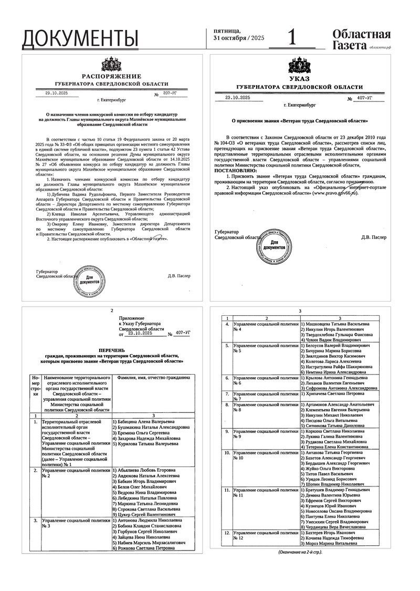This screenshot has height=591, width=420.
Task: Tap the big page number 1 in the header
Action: click(x=292, y=38)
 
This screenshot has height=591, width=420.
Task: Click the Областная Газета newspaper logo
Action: click(x=361, y=40)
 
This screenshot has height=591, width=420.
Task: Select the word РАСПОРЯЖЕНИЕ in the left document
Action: click(x=111, y=77)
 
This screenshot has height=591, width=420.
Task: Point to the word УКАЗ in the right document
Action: click(x=299, y=79)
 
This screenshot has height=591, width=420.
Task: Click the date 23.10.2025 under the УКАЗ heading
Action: click(x=238, y=98)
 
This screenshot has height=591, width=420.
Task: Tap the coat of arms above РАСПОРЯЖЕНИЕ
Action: click(x=111, y=65)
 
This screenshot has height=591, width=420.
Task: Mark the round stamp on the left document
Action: click(x=90, y=277)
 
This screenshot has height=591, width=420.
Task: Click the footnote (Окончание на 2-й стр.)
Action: click(x=300, y=552)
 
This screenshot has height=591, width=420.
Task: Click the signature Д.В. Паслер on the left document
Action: click(x=179, y=276)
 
